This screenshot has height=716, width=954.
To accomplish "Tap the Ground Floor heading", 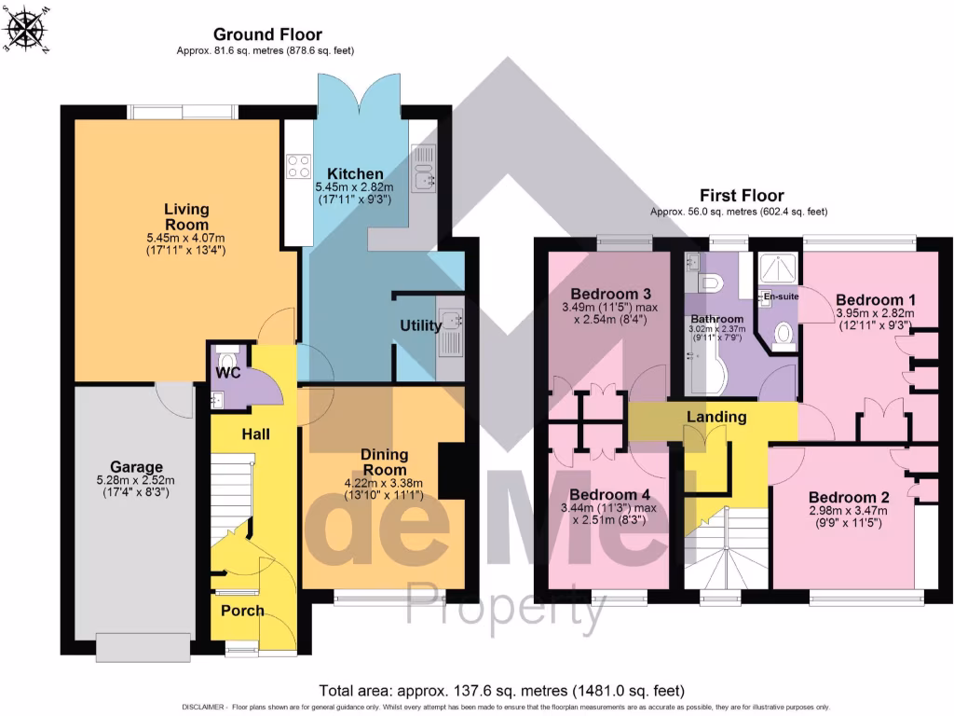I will (267, 34).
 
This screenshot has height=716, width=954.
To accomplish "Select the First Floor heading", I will (742, 196).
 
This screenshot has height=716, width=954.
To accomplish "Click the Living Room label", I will (186, 217).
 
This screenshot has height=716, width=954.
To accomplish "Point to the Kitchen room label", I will (355, 174).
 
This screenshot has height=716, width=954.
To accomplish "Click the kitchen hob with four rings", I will (299, 166).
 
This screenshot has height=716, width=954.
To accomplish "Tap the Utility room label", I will (420, 325).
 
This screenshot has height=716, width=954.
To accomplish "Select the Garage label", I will (136, 467).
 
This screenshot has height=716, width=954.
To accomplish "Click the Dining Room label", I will (385, 461).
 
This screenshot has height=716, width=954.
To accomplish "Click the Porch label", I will (242, 611).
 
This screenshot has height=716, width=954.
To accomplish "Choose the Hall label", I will (255, 434).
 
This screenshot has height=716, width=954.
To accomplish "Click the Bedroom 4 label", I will (603, 494).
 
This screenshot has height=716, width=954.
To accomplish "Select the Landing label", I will (716, 417).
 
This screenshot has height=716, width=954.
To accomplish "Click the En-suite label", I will (781, 296).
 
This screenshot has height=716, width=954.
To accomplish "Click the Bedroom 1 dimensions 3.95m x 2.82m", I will (875, 314).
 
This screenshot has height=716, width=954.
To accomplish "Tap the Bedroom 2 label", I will (843, 496).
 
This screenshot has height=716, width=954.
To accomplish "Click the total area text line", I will (502, 691).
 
